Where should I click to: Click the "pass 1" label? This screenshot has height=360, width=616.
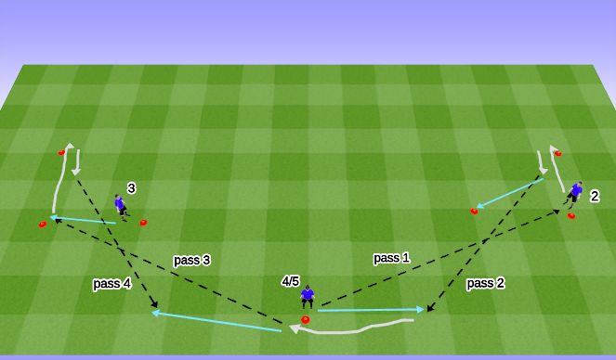(x=391, y=257)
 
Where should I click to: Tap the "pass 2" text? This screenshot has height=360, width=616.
(x=485, y=283)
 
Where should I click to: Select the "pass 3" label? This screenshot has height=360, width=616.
(x=191, y=261)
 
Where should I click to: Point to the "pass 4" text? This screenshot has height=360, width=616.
(x=111, y=284)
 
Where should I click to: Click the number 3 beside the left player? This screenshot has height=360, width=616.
(x=131, y=188)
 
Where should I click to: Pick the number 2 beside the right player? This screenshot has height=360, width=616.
(x=594, y=197)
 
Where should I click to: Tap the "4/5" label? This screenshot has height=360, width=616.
(x=291, y=280)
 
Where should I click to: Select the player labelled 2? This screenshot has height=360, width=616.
(x=576, y=193)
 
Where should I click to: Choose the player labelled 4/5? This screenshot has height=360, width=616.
(x=308, y=295)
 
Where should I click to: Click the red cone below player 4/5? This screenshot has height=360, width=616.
(x=305, y=319)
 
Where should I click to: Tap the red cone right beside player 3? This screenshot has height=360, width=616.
(x=143, y=223)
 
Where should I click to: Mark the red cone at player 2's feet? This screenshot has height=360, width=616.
(x=570, y=216)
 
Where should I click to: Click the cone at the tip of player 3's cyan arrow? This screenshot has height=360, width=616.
(x=42, y=224)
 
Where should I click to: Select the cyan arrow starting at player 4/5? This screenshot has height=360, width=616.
(x=372, y=310)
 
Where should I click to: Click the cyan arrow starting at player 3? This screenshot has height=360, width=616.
(x=84, y=220)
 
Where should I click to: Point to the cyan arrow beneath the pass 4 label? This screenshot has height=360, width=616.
(x=218, y=321)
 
